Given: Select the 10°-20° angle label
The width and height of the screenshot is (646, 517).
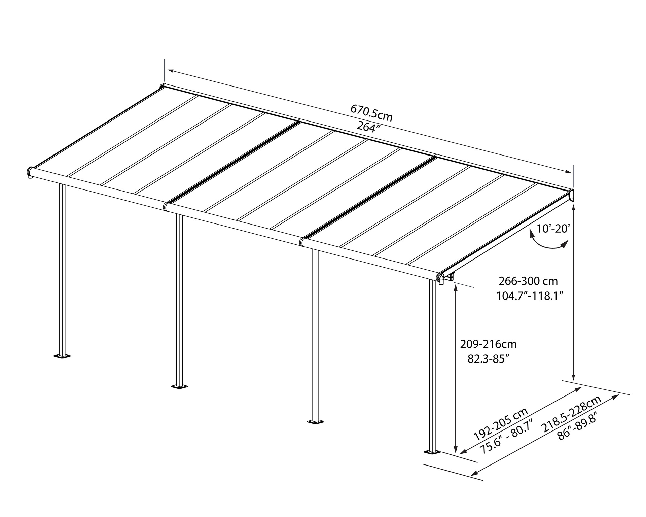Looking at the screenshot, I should (553, 229).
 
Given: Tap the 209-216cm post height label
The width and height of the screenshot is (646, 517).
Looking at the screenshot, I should (488, 344).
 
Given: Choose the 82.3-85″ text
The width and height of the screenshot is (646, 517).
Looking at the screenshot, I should (488, 359).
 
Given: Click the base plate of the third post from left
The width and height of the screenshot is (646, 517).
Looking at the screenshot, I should (315, 421).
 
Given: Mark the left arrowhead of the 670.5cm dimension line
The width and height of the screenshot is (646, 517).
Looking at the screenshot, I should (171, 71).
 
